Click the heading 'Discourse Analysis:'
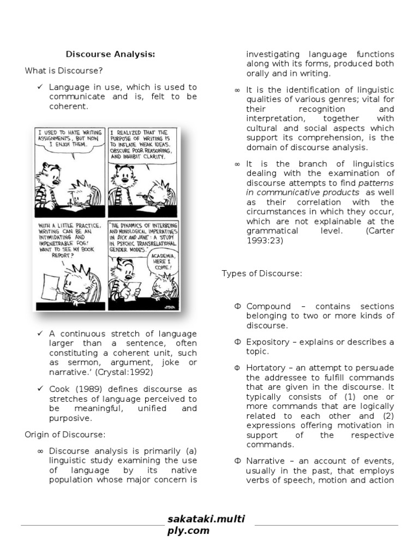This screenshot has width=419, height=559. click(110, 54)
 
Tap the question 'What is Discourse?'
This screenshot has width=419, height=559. click(64, 70)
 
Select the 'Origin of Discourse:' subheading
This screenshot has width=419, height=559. click(64, 435)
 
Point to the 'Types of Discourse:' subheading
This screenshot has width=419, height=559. click(261, 273)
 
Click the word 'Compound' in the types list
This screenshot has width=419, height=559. click(268, 306)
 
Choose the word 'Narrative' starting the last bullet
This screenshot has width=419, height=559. click(267, 461)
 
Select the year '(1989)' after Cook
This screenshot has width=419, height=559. click(83, 389)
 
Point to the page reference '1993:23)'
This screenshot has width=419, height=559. click(265, 241)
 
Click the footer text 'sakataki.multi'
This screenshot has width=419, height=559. click(206, 519)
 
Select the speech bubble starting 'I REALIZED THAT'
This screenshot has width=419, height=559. click(139, 144)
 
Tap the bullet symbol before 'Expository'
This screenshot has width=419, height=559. click(237, 342)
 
